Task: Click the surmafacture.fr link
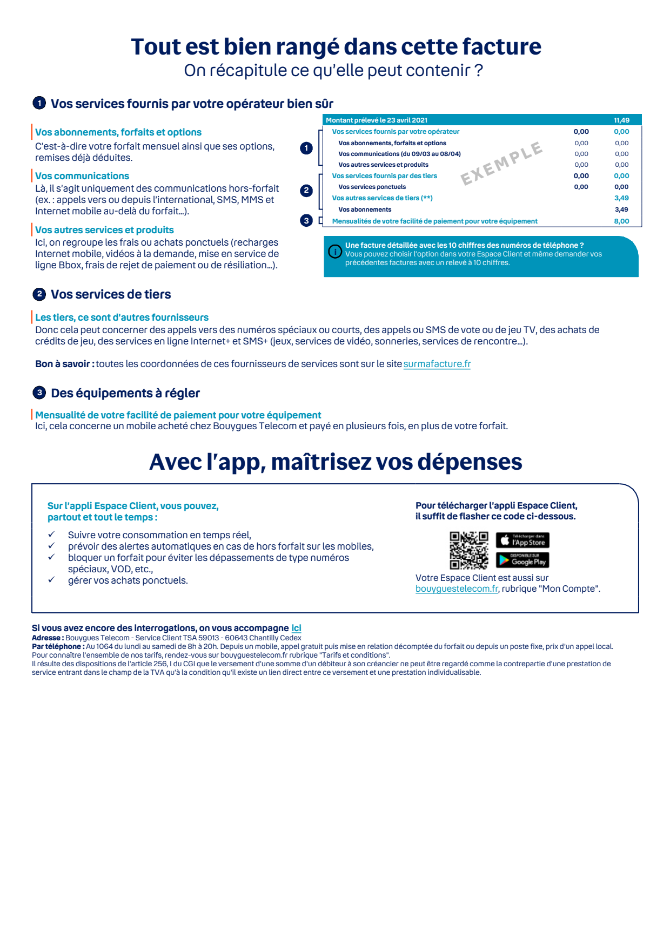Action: [x=437, y=364]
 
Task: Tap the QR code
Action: [x=469, y=550]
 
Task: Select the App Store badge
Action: [x=522, y=540]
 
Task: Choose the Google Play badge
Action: [x=522, y=560]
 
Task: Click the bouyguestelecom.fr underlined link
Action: [x=457, y=589]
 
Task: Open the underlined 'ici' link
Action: [x=296, y=628]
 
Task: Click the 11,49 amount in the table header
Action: [x=621, y=120]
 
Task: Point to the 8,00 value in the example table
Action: [x=621, y=221]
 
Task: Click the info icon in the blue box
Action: [x=335, y=252]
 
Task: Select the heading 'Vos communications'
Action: [x=82, y=176]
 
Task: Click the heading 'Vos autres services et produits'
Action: [x=104, y=230]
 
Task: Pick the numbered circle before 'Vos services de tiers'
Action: [x=39, y=294]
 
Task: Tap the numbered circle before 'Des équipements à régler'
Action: [x=39, y=393]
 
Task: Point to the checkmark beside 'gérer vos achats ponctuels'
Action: [x=51, y=580]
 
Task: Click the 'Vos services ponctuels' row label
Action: [x=372, y=187]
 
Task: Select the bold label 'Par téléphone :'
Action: [x=58, y=646]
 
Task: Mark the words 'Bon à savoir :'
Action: [x=65, y=364]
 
